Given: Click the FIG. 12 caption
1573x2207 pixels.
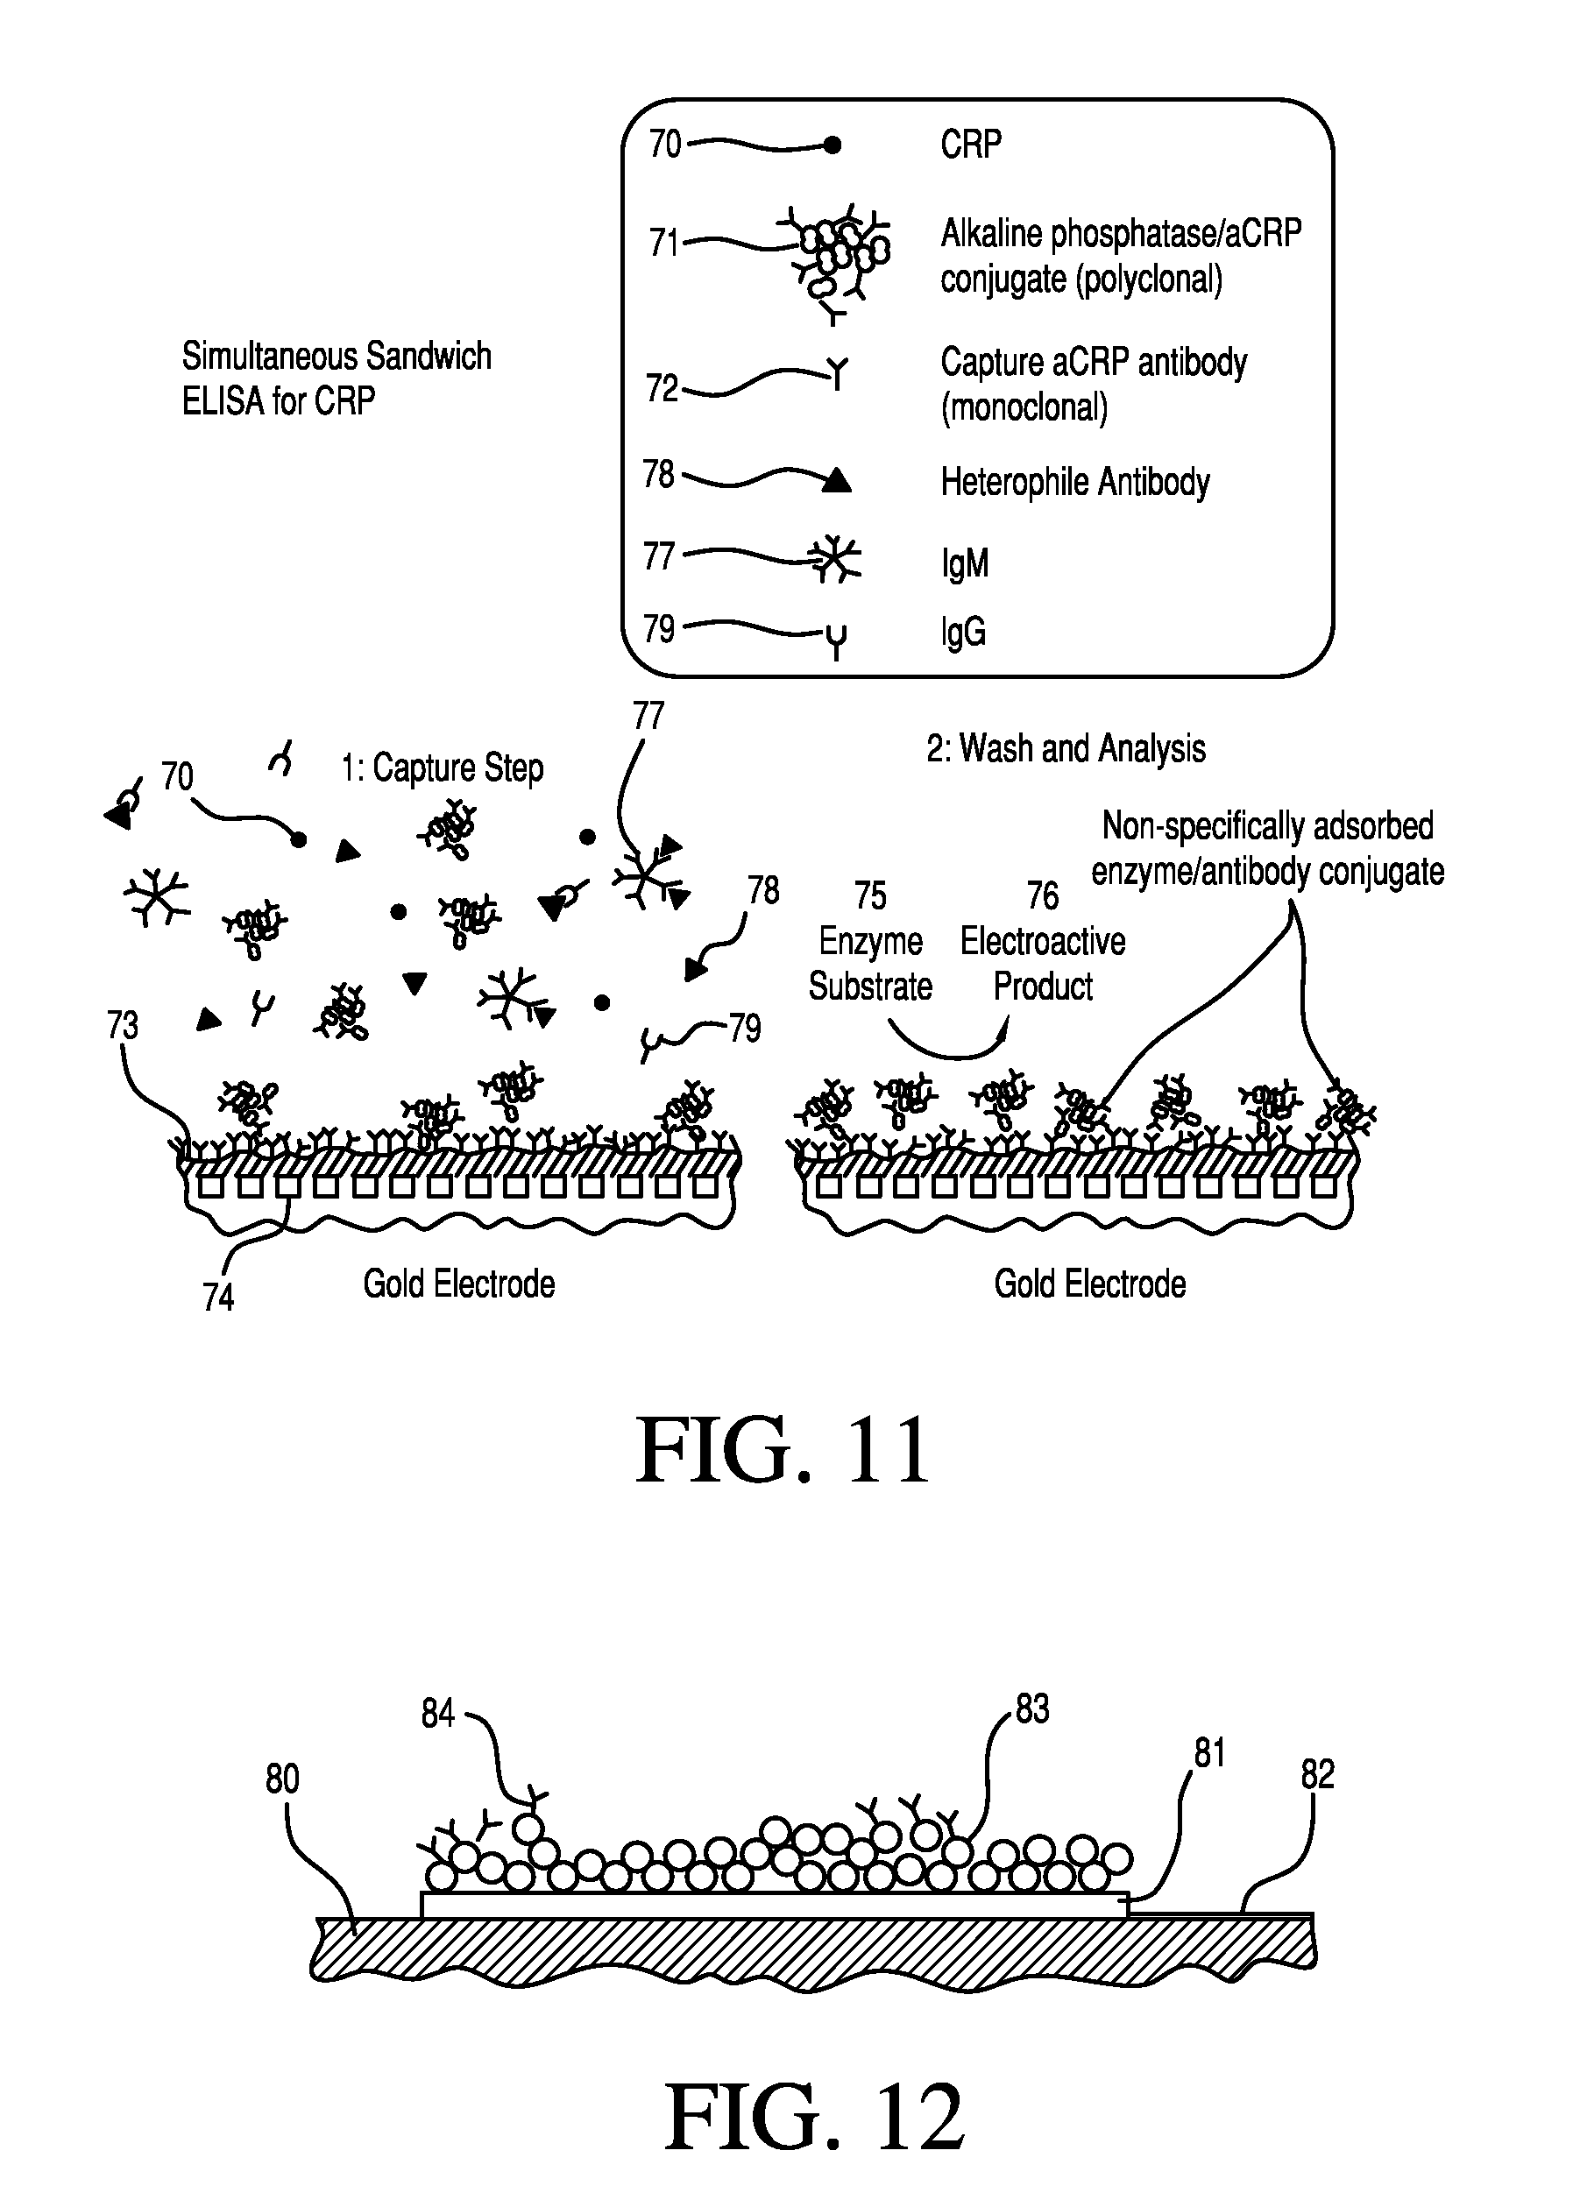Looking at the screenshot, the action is (x=815, y=2116).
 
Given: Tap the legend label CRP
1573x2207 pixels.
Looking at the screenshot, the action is (x=971, y=145).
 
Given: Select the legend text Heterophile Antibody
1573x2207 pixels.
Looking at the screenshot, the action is (x=1075, y=481).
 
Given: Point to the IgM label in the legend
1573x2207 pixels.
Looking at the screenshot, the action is (x=965, y=562).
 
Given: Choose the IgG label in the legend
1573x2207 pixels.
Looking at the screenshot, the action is (x=963, y=632).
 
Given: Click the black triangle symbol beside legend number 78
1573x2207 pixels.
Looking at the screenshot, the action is (x=835, y=480).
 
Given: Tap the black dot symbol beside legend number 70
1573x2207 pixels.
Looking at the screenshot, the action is (x=832, y=145).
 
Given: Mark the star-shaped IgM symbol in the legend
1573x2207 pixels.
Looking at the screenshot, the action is (x=835, y=559).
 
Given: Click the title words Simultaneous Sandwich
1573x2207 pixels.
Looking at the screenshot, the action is (x=337, y=357).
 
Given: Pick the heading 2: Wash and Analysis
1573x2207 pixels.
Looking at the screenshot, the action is (x=1066, y=747).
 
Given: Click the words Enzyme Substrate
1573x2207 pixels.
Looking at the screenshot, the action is (x=870, y=963).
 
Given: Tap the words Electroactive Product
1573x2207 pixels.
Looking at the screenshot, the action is (x=1042, y=963).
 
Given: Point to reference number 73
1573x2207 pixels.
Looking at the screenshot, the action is (x=122, y=1024).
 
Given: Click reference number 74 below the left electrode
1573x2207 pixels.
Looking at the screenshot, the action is (x=219, y=1296).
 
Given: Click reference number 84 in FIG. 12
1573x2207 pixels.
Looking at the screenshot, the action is (x=438, y=1713).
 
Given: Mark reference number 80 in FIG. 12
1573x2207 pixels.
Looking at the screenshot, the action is (x=283, y=1778).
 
